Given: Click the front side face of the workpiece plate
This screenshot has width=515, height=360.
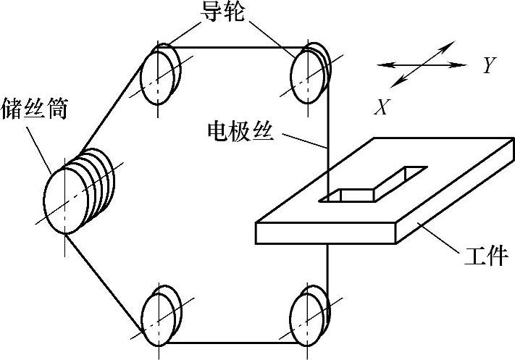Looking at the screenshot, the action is click(326, 234).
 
